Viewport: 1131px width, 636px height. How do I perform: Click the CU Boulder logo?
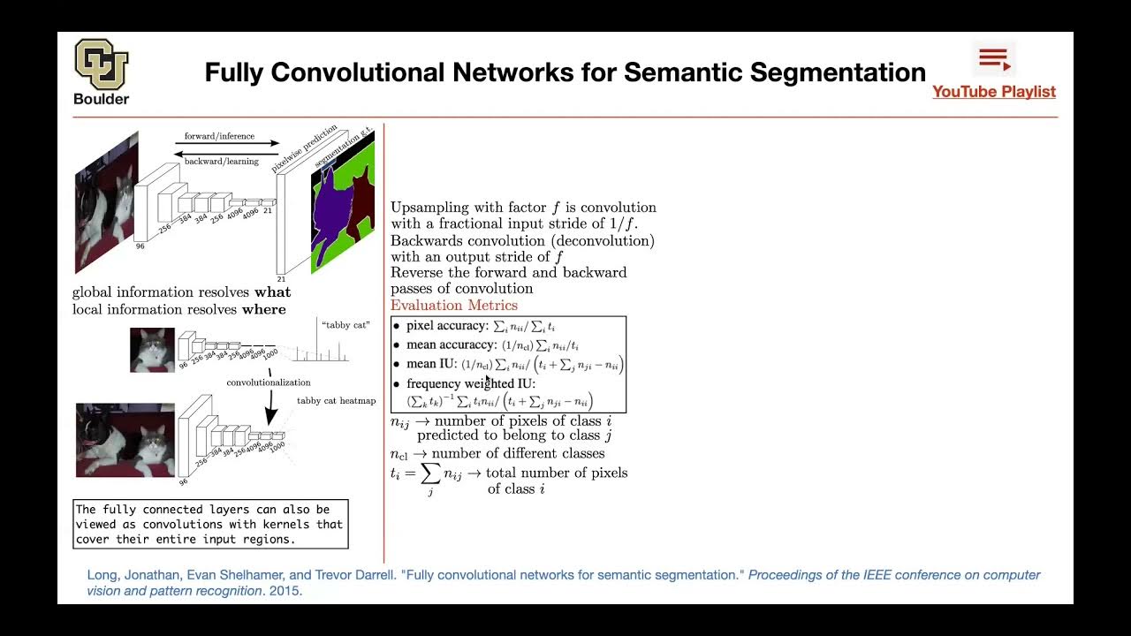coord(101,65)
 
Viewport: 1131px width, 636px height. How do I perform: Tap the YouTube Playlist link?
coord(994,92)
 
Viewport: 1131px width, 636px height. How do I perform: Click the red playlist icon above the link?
coord(994,59)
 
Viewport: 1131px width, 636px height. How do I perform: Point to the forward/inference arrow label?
coord(219,136)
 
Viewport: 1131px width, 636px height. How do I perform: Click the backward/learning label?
coord(221,162)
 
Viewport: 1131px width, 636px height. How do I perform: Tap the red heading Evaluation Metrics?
coord(454,306)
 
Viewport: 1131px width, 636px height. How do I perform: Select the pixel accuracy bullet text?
coord(446,326)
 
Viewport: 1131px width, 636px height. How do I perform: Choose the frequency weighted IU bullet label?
coord(471,383)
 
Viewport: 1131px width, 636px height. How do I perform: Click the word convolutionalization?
coord(269,382)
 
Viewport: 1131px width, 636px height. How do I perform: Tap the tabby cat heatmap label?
coord(336,401)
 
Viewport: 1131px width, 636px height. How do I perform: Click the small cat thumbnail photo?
coord(152,350)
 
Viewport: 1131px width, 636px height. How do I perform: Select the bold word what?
coord(272,292)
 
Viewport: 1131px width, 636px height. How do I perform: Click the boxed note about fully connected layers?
coord(210,524)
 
